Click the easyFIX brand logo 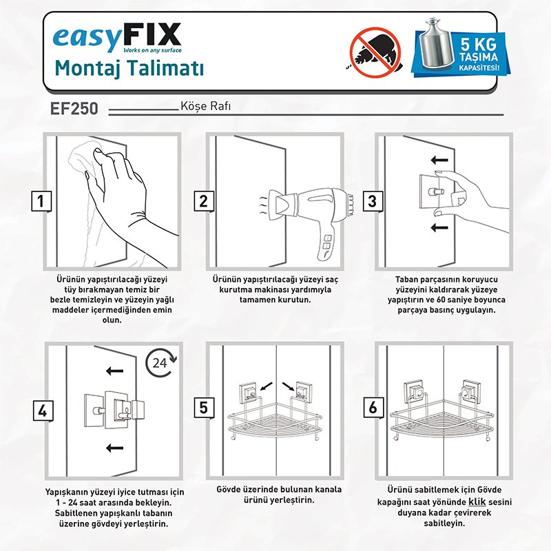pyautogui.click(x=117, y=37)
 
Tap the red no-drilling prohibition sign pyautogui.click(x=375, y=52)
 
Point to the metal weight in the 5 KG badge pyautogui.click(x=437, y=43)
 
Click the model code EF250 pyautogui.click(x=74, y=108)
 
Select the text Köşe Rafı pyautogui.click(x=205, y=106)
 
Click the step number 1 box pyautogui.click(x=41, y=201)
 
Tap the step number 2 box pyautogui.click(x=204, y=201)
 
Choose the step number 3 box pyautogui.click(x=373, y=201)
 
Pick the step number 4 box pyautogui.click(x=43, y=410)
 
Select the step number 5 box pyautogui.click(x=204, y=408)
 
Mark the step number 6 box pyautogui.click(x=373, y=408)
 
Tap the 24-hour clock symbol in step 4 pyautogui.click(x=161, y=363)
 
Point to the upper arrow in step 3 pyautogui.click(x=439, y=160)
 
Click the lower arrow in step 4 pyautogui.click(x=114, y=448)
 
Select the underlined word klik pyautogui.click(x=477, y=501)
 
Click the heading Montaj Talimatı pyautogui.click(x=129, y=68)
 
